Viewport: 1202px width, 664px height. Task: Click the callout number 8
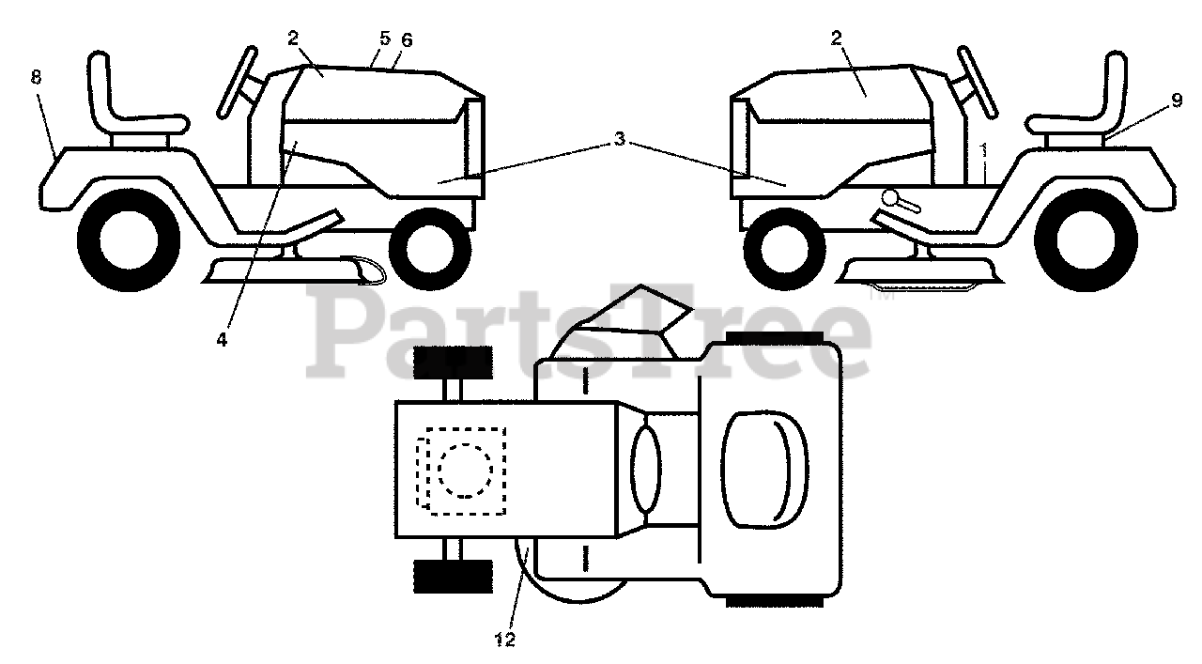coord(36,78)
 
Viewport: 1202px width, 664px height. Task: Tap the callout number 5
coord(385,39)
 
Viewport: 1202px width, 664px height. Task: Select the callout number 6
coord(406,40)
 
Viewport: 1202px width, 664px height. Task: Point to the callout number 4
coord(222,340)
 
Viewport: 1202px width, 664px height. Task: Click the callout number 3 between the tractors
coord(619,139)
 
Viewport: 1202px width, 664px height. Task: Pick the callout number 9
coord(1177,102)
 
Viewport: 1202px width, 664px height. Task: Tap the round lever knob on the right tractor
coord(893,199)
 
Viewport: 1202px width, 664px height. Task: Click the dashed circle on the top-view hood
coord(464,470)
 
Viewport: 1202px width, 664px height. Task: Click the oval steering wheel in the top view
coord(646,470)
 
